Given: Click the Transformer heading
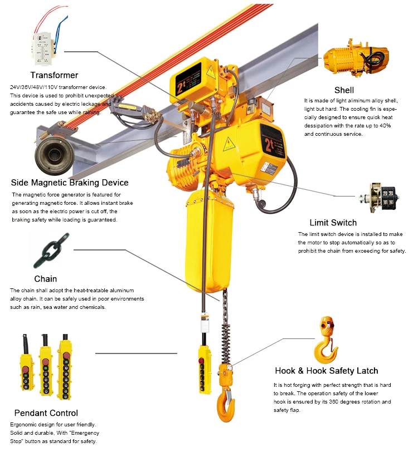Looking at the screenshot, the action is tap(54, 75).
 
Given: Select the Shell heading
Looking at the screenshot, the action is tap(344, 90).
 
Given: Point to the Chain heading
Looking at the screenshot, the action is tap(46, 278).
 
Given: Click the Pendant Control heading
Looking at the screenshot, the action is tap(46, 413).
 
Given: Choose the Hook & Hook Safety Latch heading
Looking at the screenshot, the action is tap(326, 371).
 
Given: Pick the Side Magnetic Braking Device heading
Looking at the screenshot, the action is tap(70, 183).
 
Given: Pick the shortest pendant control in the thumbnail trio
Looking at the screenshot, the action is tap(26, 370).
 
